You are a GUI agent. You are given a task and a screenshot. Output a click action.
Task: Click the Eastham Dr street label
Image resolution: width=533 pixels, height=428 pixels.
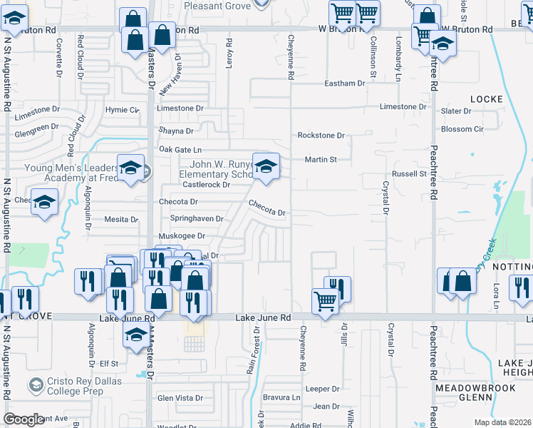(x=344, y=83)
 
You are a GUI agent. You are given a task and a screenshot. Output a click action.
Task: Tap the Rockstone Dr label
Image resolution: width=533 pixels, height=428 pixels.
(x=321, y=135)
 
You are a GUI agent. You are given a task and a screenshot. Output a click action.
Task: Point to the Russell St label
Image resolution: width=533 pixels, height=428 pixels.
(x=409, y=173)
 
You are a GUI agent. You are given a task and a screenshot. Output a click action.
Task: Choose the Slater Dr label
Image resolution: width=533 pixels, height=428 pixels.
(x=455, y=111)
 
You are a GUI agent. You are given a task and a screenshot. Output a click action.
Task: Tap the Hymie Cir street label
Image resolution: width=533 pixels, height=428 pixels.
(x=123, y=110)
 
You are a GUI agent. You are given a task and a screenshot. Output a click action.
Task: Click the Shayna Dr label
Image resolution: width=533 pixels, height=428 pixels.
(x=175, y=131)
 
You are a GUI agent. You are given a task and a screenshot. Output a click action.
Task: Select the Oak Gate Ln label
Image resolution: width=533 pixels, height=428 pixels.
(x=181, y=150)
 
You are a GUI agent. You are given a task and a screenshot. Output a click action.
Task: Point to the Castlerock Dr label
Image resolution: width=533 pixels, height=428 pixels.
(x=207, y=184)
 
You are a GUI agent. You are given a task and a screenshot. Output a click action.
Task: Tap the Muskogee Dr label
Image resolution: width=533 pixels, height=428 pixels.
(x=181, y=235)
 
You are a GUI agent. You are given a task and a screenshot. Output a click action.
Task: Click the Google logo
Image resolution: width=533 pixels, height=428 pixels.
(x=24, y=419)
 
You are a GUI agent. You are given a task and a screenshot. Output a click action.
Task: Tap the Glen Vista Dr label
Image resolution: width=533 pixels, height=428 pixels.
(x=175, y=397)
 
